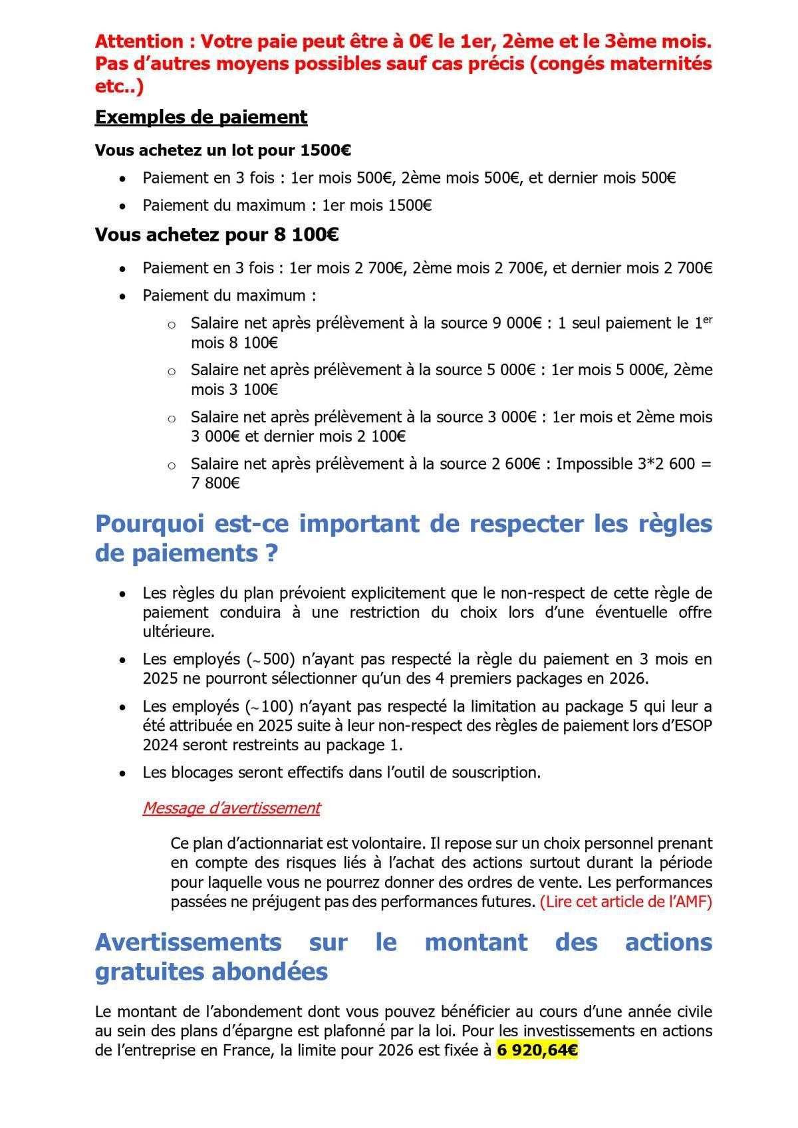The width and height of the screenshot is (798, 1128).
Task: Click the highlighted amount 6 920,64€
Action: point(537,1050)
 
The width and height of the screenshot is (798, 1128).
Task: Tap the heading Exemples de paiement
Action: point(201,117)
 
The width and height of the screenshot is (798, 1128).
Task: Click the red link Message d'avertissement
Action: point(231,808)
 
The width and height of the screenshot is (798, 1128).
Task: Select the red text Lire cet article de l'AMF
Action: point(625,903)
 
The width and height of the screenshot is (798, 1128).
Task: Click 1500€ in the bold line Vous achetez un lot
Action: point(326,150)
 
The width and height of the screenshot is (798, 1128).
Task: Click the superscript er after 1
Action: point(708,319)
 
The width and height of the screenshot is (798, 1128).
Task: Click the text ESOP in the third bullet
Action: point(692,726)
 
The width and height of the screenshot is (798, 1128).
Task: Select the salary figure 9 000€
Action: point(517,323)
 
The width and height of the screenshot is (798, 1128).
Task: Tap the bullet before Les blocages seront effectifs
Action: point(122,774)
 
